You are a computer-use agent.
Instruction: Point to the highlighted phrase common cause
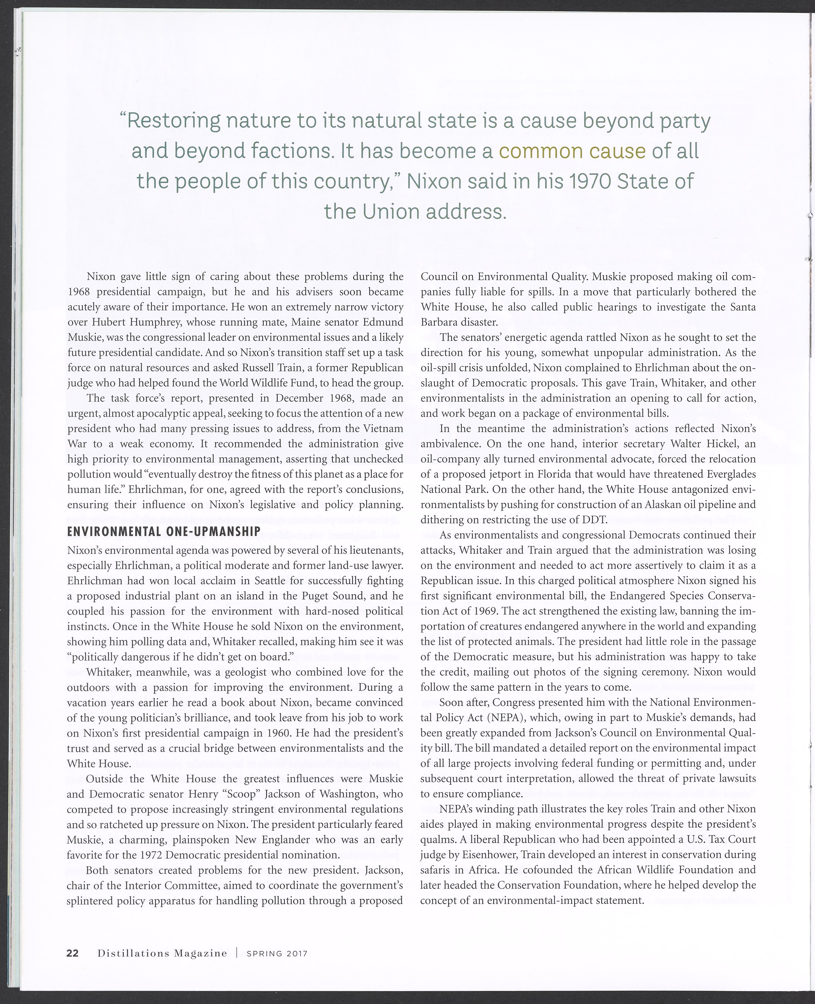click(572, 152)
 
